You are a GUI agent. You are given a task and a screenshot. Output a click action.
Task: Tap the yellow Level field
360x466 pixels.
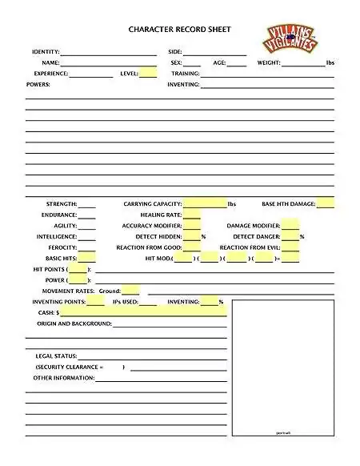(x=148, y=73)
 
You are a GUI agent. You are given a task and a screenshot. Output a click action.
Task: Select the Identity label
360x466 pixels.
(x=45, y=51)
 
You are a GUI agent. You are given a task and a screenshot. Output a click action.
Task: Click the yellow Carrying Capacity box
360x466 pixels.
(x=205, y=203)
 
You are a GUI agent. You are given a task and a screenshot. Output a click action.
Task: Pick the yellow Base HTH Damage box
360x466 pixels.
(x=326, y=203)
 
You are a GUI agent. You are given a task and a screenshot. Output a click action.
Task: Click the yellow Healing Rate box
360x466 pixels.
(x=192, y=215)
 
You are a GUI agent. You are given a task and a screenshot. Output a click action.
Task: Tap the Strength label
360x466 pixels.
(x=61, y=204)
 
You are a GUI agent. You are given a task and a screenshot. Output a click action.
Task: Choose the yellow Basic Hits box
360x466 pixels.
(x=86, y=258)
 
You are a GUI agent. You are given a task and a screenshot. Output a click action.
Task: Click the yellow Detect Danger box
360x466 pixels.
(x=290, y=236)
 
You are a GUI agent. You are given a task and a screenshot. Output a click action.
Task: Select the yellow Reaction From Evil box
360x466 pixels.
(x=290, y=247)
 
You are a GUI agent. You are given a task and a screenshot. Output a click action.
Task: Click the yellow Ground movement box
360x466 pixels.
(x=130, y=290)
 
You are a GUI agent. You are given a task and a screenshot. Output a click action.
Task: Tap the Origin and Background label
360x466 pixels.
(x=74, y=323)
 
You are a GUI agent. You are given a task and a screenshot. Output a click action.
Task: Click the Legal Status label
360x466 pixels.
(x=56, y=356)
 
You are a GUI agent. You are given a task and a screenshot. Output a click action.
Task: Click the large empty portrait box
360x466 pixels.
(x=283, y=367)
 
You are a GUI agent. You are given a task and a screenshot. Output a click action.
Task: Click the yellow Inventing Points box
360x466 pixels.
(x=95, y=302)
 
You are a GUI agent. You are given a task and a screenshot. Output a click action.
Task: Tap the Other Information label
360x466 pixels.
(x=64, y=377)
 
